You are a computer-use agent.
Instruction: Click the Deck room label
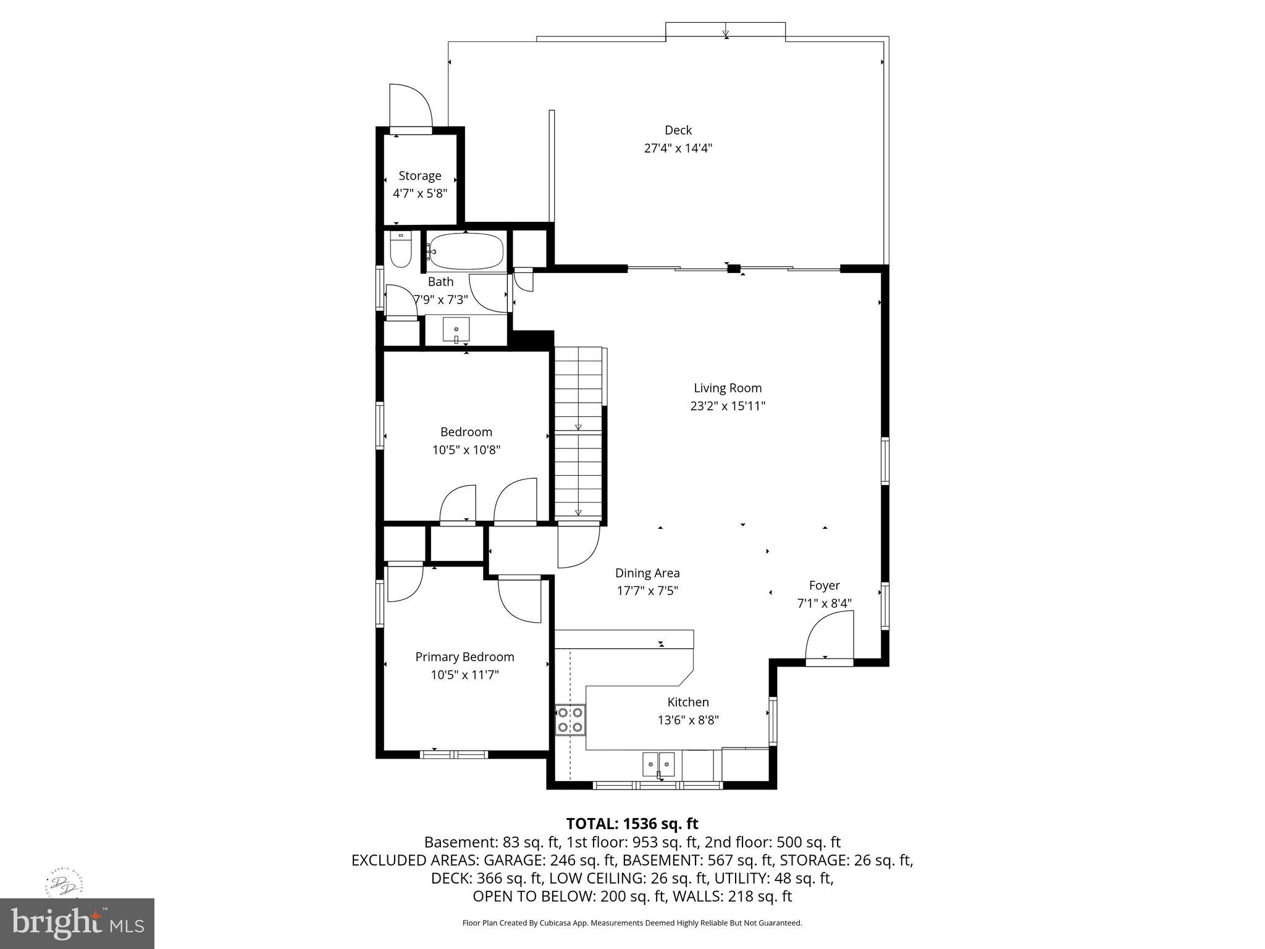pyautogui.click(x=678, y=130)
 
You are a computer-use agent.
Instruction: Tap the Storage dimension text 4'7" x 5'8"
pyautogui.click(x=419, y=193)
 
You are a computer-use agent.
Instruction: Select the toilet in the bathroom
pyautogui.click(x=401, y=250)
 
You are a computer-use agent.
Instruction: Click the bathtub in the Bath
pyautogui.click(x=466, y=251)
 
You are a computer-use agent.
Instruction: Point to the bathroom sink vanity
pyautogui.click(x=456, y=330)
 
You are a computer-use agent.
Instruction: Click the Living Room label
pyautogui.click(x=727, y=388)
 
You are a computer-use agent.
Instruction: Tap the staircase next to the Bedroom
pyautogui.click(x=578, y=432)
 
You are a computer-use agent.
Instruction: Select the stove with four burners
pyautogui.click(x=569, y=719)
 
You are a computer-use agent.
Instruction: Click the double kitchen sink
pyautogui.click(x=658, y=765)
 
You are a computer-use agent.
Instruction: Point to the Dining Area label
pyautogui.click(x=647, y=573)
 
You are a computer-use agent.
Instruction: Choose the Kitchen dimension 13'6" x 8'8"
pyautogui.click(x=687, y=720)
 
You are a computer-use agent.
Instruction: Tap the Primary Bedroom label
pyautogui.click(x=464, y=657)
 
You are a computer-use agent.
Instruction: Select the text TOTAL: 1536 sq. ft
pyautogui.click(x=632, y=824)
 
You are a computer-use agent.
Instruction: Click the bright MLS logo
pyautogui.click(x=77, y=923)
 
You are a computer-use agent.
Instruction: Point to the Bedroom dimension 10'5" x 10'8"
pyautogui.click(x=466, y=450)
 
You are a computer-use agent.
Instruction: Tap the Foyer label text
pyautogui.click(x=824, y=585)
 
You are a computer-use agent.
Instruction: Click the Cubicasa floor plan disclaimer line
pyautogui.click(x=632, y=923)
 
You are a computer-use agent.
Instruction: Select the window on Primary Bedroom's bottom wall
pyautogui.click(x=454, y=754)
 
